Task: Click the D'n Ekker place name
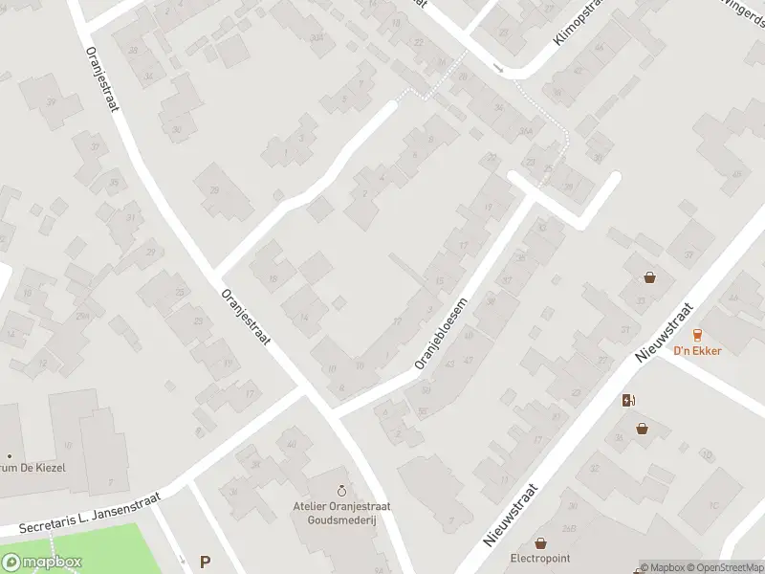(x=697, y=350)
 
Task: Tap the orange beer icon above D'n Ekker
(x=697, y=334)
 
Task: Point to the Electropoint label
(x=541, y=558)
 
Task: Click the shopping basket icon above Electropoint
(x=541, y=542)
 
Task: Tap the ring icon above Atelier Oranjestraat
(x=343, y=476)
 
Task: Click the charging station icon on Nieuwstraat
(x=628, y=401)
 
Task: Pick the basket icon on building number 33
(x=650, y=278)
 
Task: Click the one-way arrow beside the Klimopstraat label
(x=498, y=67)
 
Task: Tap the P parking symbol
(x=204, y=563)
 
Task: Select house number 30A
(x=316, y=38)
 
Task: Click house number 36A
(x=524, y=131)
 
